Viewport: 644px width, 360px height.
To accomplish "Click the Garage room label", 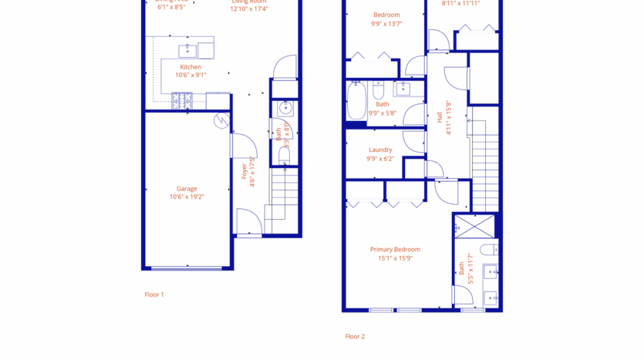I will [187, 188].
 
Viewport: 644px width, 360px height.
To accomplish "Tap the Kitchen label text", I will [191, 67].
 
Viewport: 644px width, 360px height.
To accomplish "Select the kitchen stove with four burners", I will [182, 99].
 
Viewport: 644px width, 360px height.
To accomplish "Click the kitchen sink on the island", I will [187, 51].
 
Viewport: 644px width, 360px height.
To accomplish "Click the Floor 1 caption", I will [154, 294].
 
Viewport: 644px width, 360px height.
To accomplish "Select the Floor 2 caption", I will [355, 336].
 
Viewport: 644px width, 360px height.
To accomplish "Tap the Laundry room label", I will [380, 150].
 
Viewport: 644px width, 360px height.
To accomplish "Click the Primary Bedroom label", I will [395, 249].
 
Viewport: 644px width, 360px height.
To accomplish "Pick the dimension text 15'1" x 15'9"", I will [395, 258].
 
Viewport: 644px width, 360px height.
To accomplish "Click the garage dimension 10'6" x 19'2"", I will [187, 197].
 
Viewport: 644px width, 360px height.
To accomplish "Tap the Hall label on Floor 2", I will [440, 117].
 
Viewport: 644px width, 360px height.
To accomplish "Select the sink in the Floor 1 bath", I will [285, 109].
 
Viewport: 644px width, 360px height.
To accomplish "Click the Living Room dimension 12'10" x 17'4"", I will [248, 9].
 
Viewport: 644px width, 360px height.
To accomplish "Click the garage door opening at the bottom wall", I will [187, 268].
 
